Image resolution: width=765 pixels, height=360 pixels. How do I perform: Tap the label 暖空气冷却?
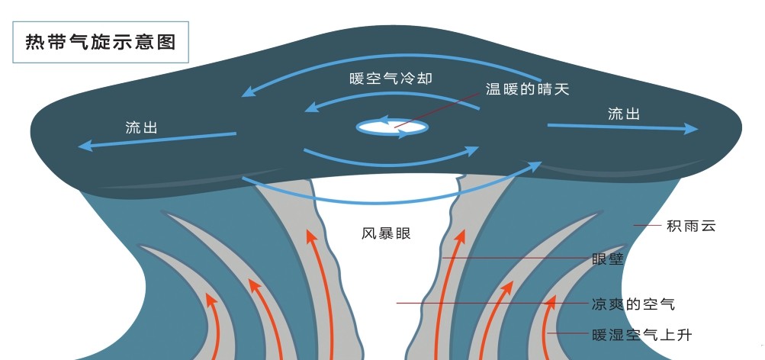pyautogui.click(x=385, y=78)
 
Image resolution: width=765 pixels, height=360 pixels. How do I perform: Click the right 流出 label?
pyautogui.click(x=623, y=114)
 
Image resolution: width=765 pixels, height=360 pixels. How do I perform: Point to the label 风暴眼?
pyautogui.click(x=386, y=233)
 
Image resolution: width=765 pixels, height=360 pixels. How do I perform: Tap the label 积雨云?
pyautogui.click(x=691, y=226)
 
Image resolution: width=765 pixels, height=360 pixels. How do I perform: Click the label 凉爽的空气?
pyautogui.click(x=633, y=304)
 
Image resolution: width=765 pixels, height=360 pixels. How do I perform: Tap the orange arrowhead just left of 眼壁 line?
pyautogui.click(x=461, y=236)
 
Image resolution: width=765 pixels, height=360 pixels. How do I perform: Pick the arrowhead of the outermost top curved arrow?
pyautogui.click(x=246, y=94)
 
